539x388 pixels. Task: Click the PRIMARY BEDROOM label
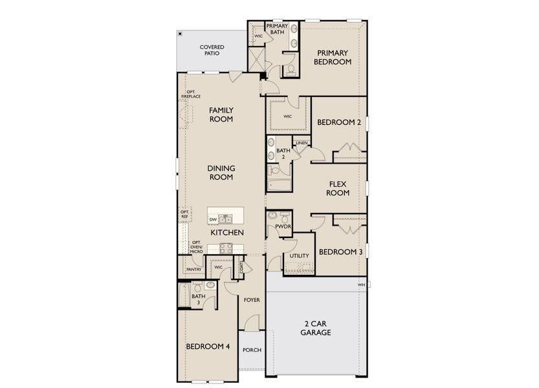pos(333,58)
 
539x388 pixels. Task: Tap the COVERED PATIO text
pos(212,50)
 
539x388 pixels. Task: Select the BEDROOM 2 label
pos(338,122)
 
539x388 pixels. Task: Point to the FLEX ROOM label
pos(337,188)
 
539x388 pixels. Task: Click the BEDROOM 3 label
pos(340,252)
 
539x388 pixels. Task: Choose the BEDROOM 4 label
pos(208,346)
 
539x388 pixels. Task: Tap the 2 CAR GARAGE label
pos(316,328)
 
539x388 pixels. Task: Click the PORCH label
pos(252,350)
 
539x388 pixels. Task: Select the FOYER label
pos(252,300)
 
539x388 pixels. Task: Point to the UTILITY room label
pos(299,256)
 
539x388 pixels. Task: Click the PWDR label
pos(281,227)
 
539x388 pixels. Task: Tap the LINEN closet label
pos(302,143)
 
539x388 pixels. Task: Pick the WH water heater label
pos(361,285)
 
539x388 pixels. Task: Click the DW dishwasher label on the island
pos(213,220)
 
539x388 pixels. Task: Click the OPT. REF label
pos(184,214)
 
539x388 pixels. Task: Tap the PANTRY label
pos(193,269)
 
